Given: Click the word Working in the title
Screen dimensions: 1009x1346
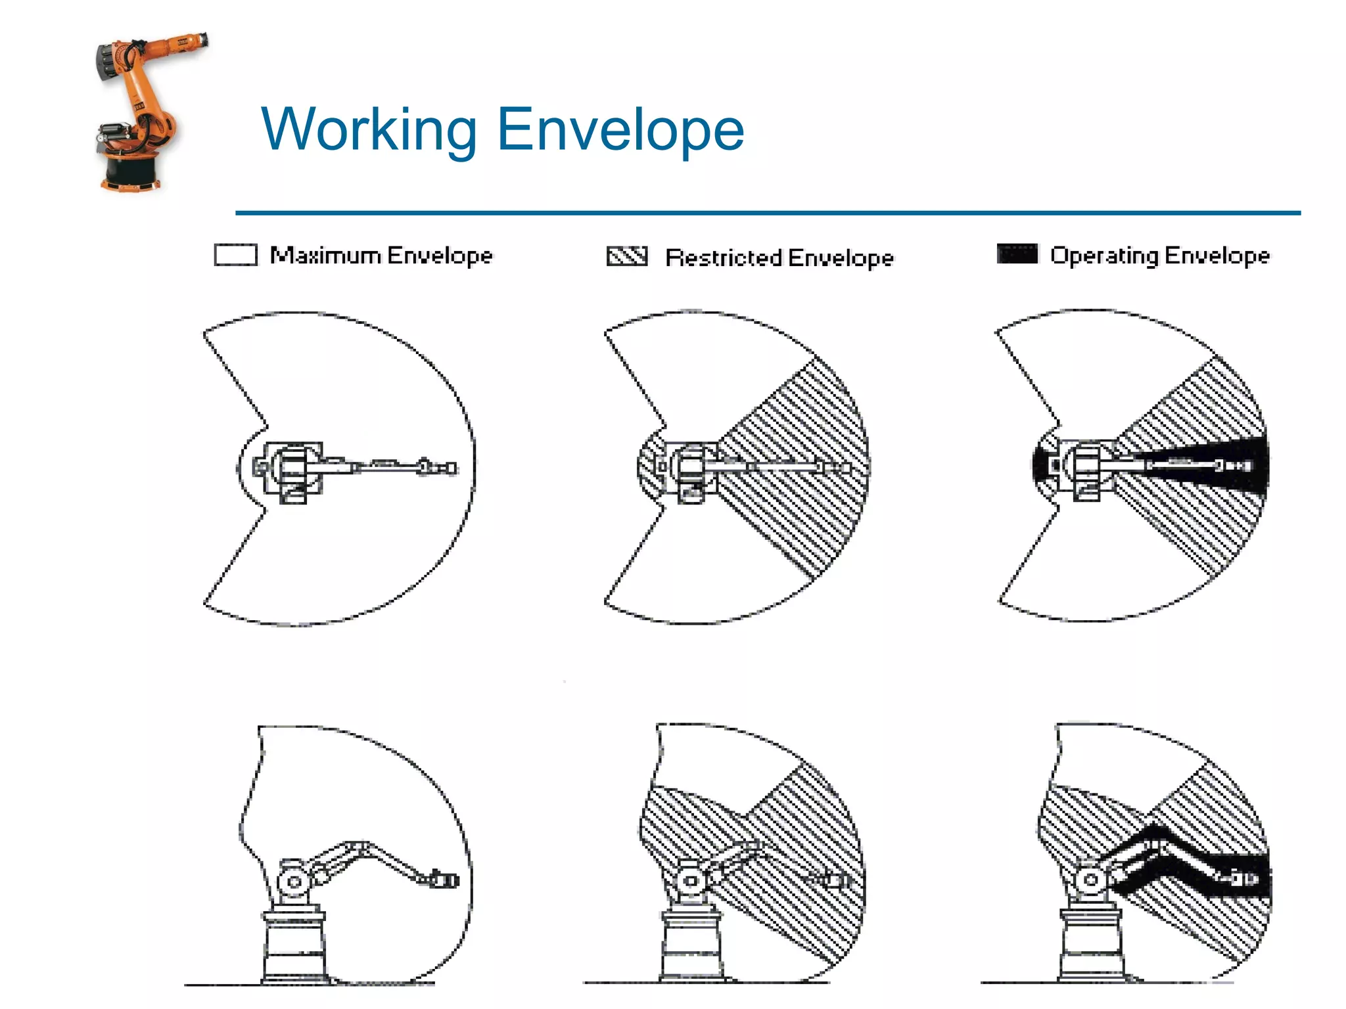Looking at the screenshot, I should [369, 130].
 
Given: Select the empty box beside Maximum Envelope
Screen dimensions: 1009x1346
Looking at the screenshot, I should [235, 255].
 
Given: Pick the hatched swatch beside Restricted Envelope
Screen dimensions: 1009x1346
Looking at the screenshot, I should [626, 256].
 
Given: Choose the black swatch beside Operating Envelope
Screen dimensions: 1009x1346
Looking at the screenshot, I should [1017, 254].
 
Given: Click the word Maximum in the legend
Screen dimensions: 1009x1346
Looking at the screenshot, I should [325, 255].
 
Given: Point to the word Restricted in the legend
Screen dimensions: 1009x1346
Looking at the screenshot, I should [722, 258].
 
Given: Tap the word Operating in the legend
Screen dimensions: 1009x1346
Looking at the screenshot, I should [1103, 255].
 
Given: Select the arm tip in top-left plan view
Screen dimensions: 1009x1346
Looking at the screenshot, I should [448, 468].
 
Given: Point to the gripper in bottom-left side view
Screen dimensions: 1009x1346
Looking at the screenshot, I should [444, 879].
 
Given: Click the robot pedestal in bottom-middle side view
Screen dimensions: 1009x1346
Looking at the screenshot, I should [690, 946].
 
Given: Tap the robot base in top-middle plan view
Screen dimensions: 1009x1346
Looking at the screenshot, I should [690, 469].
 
